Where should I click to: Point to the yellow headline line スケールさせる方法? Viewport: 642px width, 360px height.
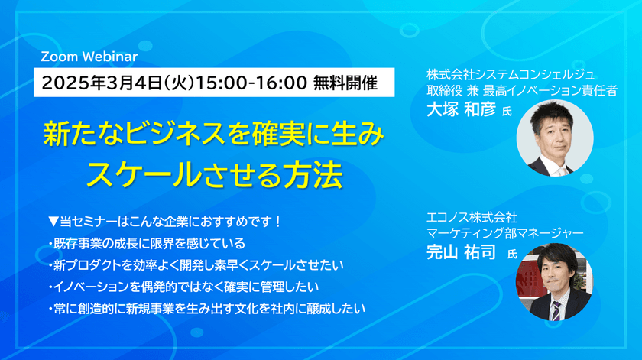pos(214,174)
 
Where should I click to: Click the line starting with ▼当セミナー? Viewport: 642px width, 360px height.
pos(164,222)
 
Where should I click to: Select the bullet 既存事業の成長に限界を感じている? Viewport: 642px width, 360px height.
pos(146,244)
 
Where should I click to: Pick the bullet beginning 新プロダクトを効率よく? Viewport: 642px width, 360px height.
pos(195,265)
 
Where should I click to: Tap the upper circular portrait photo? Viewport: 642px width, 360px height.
pos(555,138)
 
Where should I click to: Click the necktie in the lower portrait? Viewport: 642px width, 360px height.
pos(556,309)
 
